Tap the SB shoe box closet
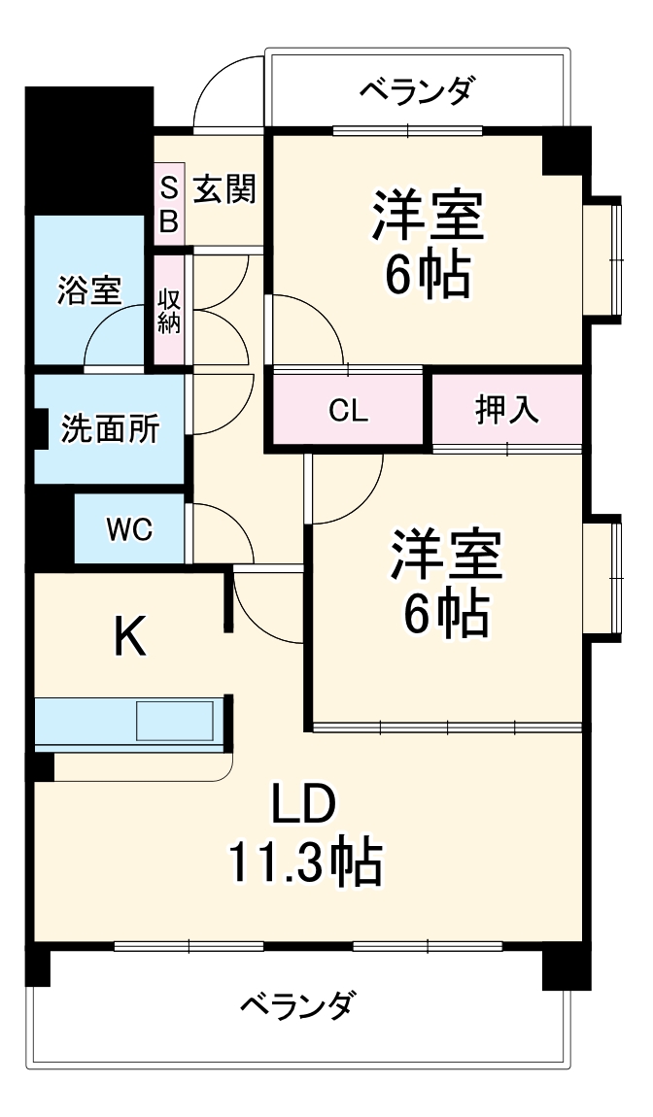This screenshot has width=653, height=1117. tap(168, 204)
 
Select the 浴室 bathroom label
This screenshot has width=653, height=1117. tap(88, 289)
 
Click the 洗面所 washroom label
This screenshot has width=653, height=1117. tap(110, 428)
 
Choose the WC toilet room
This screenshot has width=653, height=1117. tap(129, 529)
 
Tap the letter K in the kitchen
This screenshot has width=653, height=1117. tap(130, 638)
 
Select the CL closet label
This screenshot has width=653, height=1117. tap(348, 411)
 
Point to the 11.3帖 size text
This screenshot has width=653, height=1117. tap(304, 862)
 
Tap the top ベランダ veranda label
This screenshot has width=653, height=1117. tap(417, 90)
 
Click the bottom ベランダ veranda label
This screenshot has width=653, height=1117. tap(297, 1003)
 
